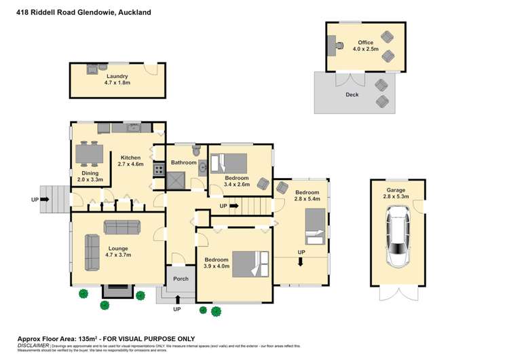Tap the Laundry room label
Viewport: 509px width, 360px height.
tap(117, 77)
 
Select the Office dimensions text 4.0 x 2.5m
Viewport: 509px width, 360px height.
tap(366, 49)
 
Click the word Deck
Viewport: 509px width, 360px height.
tap(352, 94)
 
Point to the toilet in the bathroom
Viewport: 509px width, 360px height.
tap(196, 150)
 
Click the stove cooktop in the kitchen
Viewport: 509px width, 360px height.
tap(158, 170)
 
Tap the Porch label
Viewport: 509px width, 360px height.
tap(181, 278)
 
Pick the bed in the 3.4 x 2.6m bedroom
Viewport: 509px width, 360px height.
tap(229, 164)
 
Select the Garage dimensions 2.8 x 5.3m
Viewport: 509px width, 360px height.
tap(397, 196)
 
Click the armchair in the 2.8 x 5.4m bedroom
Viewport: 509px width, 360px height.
tap(282, 187)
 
